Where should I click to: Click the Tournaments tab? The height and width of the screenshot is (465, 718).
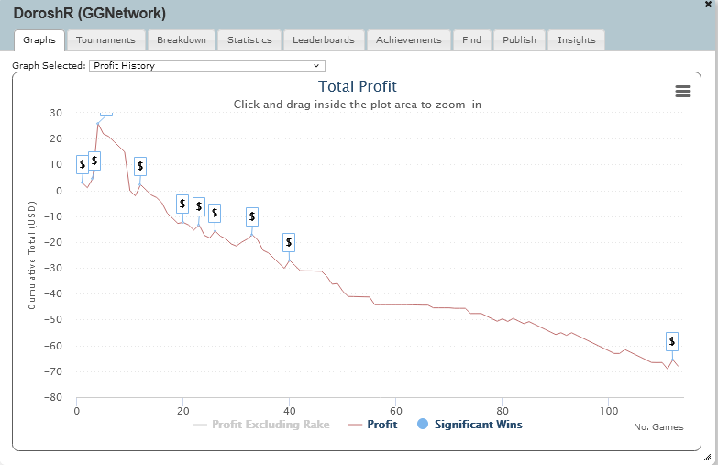[x=105, y=40]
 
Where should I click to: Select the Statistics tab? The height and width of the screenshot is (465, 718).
[x=249, y=40]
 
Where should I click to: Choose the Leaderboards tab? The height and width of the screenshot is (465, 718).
[x=324, y=40]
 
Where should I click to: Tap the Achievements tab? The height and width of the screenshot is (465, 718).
[x=409, y=40]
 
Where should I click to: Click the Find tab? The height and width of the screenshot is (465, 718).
[x=471, y=40]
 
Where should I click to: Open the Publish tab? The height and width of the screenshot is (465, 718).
[x=519, y=40]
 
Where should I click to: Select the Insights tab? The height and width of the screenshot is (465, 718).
[x=576, y=40]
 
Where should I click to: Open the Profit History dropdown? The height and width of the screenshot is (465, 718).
[x=207, y=66]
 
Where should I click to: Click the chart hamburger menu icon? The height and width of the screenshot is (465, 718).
[x=682, y=91]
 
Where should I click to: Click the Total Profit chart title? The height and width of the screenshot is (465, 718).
[x=358, y=87]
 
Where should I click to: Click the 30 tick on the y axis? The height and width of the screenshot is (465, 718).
[x=56, y=114]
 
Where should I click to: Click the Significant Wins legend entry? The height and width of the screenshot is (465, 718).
[x=469, y=425]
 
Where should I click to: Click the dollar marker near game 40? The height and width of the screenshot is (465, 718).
[x=289, y=243]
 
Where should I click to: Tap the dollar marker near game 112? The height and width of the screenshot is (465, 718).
[x=672, y=341]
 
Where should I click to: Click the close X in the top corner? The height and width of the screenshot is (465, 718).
[x=708, y=5]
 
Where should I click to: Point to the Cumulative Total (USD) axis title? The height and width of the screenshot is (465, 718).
[x=32, y=257]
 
